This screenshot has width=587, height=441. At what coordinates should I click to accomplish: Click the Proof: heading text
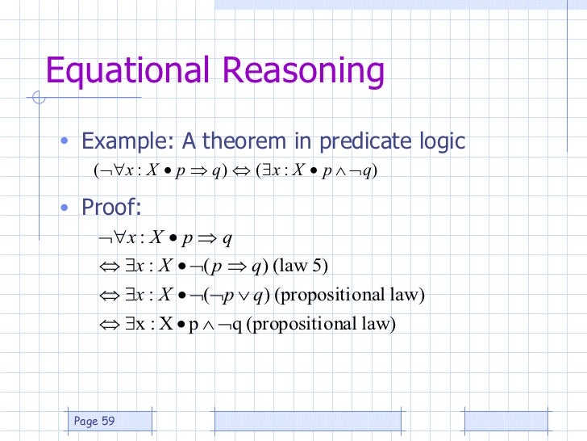(111, 208)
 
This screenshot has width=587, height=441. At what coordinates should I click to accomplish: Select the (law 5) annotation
(301, 267)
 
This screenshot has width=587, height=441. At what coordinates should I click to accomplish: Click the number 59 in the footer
(107, 421)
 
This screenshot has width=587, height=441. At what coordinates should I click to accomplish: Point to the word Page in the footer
(85, 421)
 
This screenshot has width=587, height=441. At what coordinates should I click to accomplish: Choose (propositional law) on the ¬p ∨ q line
(349, 296)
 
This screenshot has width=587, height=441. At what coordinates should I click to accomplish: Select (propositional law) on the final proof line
(323, 325)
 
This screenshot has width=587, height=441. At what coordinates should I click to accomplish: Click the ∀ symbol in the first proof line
(118, 237)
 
